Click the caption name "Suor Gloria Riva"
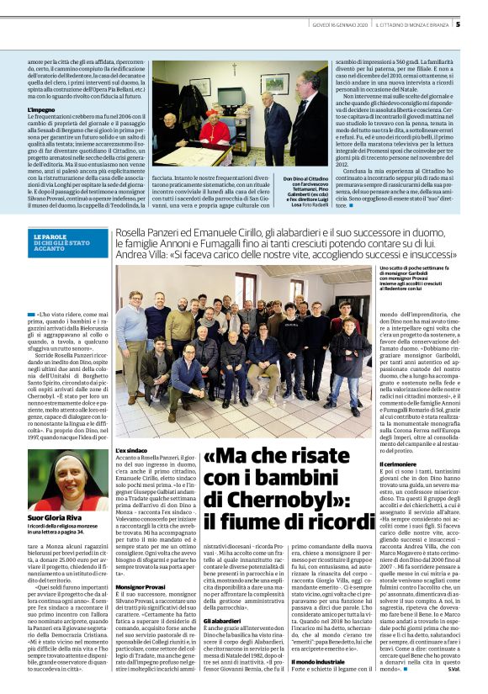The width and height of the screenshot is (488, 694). coord(52,517)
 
